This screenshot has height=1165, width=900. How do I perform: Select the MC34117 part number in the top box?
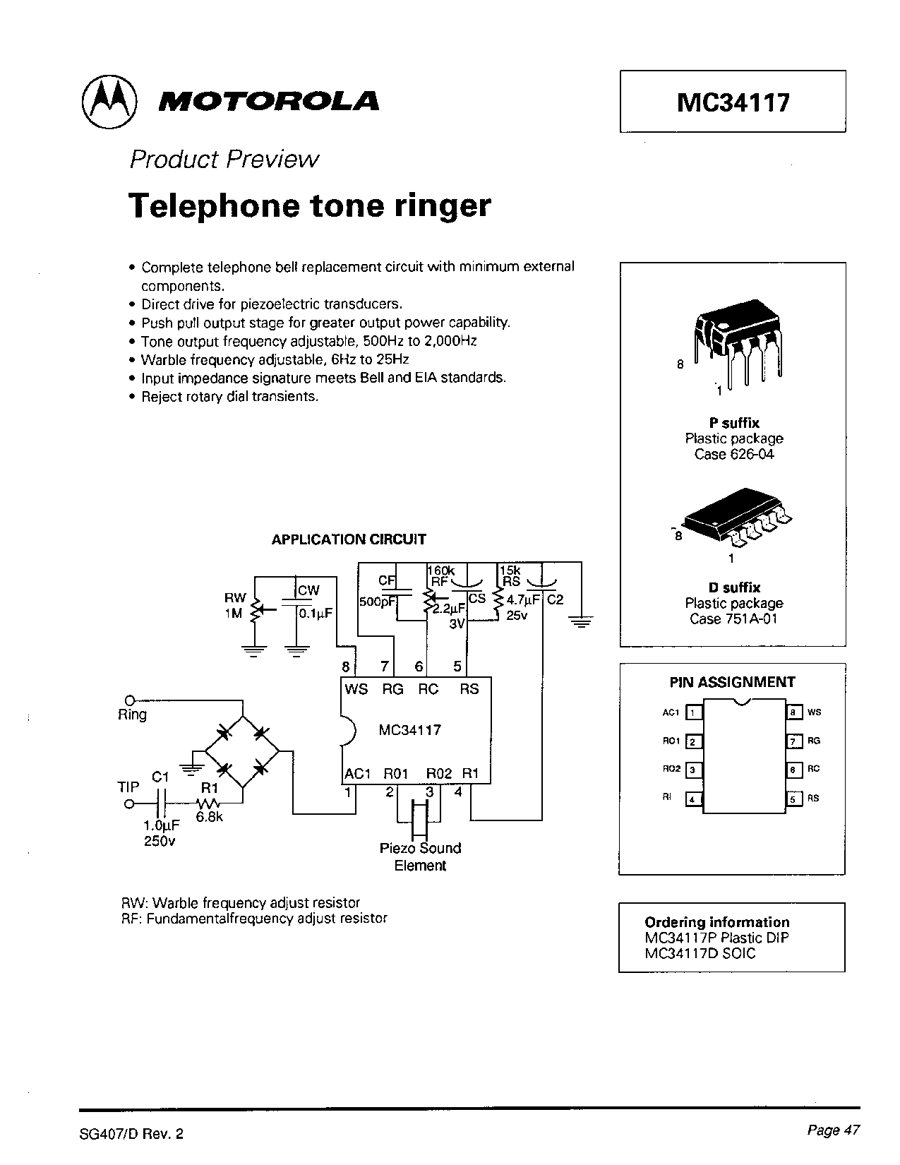(x=733, y=103)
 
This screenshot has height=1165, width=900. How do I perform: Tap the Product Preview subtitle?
(x=224, y=160)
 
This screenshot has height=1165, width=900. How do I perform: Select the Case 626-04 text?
(x=734, y=454)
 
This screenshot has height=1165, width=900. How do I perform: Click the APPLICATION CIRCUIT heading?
(x=349, y=539)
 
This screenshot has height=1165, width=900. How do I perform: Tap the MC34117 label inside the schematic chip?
(x=409, y=729)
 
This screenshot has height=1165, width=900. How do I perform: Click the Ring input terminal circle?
(x=129, y=700)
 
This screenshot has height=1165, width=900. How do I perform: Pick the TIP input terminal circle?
(x=129, y=803)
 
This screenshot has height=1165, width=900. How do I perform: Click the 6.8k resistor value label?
(x=210, y=818)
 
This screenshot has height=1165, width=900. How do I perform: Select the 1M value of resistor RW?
(x=234, y=614)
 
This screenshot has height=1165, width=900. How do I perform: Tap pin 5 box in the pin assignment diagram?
(x=793, y=799)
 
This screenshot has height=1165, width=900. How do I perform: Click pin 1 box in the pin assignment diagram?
(x=693, y=712)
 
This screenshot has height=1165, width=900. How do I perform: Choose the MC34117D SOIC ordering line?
(x=700, y=954)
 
